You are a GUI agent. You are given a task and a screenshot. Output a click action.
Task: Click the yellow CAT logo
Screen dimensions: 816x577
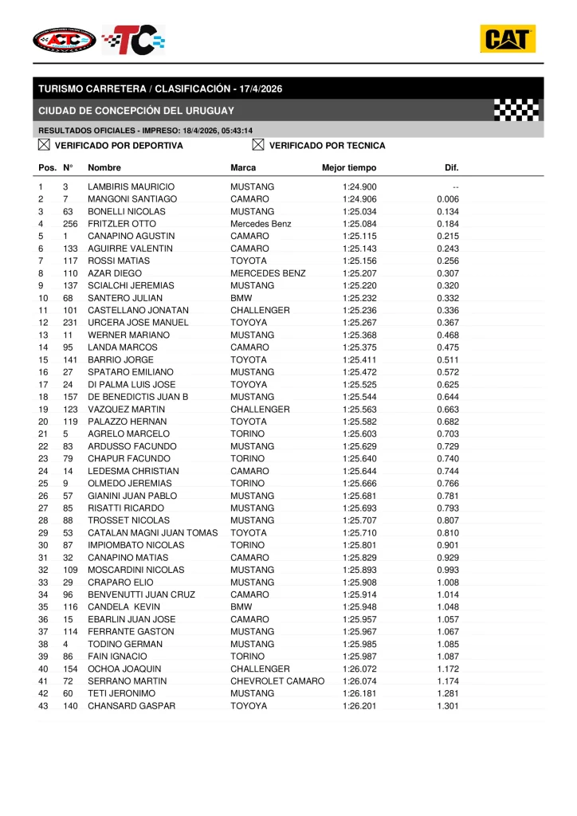pyautogui.click(x=507, y=39)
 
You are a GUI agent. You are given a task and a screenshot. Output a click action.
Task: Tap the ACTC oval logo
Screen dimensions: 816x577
pyautogui.click(x=65, y=39)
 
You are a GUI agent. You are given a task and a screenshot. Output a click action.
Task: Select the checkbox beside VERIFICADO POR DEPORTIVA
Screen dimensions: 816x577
pyautogui.click(x=44, y=145)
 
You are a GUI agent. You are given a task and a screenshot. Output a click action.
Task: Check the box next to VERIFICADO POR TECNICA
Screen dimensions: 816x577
pyautogui.click(x=257, y=145)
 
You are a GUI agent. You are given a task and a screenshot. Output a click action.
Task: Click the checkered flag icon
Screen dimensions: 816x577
pyautogui.click(x=516, y=110)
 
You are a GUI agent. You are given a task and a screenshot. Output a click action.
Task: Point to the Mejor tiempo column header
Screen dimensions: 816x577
pyautogui.click(x=349, y=168)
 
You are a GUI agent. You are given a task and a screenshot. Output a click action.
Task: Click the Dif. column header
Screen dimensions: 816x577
pyautogui.click(x=451, y=168)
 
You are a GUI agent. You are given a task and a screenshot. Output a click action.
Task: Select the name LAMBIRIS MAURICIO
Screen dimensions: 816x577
pyautogui.click(x=131, y=186)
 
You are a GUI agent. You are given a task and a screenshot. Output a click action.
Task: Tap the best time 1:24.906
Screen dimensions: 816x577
pyautogui.click(x=359, y=199)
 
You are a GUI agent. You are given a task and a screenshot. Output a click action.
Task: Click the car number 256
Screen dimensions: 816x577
pyautogui.click(x=70, y=224)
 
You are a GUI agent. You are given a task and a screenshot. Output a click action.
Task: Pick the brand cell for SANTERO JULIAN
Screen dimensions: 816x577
pyautogui.click(x=241, y=298)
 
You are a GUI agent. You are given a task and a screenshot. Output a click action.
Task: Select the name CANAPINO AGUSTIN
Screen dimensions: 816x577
pyautogui.click(x=131, y=236)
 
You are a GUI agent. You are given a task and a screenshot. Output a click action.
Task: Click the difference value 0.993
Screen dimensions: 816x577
pyautogui.click(x=448, y=570)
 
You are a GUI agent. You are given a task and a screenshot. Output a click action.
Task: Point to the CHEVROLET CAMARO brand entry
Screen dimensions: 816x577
pyautogui.click(x=277, y=681)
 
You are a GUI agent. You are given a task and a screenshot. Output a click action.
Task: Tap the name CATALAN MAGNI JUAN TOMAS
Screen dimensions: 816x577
pyautogui.click(x=152, y=533)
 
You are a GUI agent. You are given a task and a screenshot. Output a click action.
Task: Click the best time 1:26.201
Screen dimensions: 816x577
pyautogui.click(x=359, y=706)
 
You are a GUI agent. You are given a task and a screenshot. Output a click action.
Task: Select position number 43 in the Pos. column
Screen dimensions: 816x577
pyautogui.click(x=43, y=706)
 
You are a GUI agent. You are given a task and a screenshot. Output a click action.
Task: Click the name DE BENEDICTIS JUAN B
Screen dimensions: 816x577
pyautogui.click(x=138, y=397)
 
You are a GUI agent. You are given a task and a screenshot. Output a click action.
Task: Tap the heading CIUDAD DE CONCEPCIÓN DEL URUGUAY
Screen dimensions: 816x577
pyautogui.click(x=136, y=111)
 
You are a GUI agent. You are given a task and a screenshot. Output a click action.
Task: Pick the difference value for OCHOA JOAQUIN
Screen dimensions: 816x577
pyautogui.click(x=448, y=669)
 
